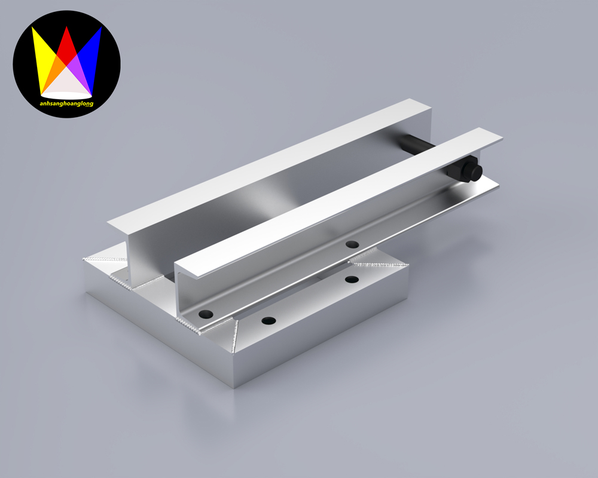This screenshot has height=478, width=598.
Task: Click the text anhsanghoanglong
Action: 66,103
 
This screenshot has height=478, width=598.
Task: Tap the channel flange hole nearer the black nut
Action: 352,244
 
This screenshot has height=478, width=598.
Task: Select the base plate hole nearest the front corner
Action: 268,321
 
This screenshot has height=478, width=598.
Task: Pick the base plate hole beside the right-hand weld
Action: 352,279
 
